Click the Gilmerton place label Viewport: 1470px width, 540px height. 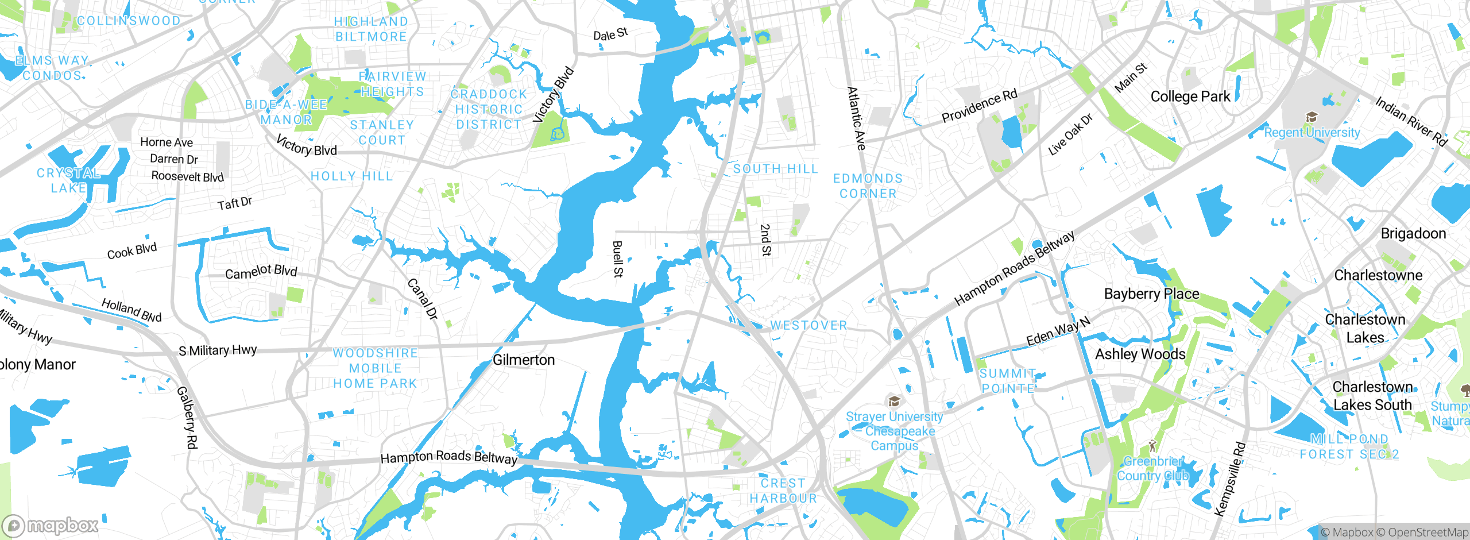coord(524,360)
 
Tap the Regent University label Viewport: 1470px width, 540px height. coord(1312,133)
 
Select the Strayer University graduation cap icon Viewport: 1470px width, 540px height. coord(893,401)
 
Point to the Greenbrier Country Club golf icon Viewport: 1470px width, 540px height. coord(1152,445)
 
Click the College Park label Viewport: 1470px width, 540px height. coord(1190,97)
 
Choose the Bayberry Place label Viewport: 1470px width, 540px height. coord(1151,294)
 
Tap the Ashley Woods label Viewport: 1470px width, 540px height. coord(1140,354)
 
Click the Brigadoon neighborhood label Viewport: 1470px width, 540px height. coord(1413,234)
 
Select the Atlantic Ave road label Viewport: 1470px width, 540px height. coord(856,118)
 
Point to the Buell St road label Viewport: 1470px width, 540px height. coord(618,259)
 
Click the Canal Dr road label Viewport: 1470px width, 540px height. coord(423,299)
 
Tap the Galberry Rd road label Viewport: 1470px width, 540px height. coord(187,417)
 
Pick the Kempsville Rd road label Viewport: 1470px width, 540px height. coord(1231,479)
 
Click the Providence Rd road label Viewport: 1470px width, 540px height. coord(979,106)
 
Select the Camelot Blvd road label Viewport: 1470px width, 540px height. coord(261,272)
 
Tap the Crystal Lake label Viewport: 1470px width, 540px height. coord(68,180)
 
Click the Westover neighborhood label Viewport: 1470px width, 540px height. coord(808,326)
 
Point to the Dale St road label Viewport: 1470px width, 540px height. coord(610,34)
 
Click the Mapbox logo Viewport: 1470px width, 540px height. coord(51,526)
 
